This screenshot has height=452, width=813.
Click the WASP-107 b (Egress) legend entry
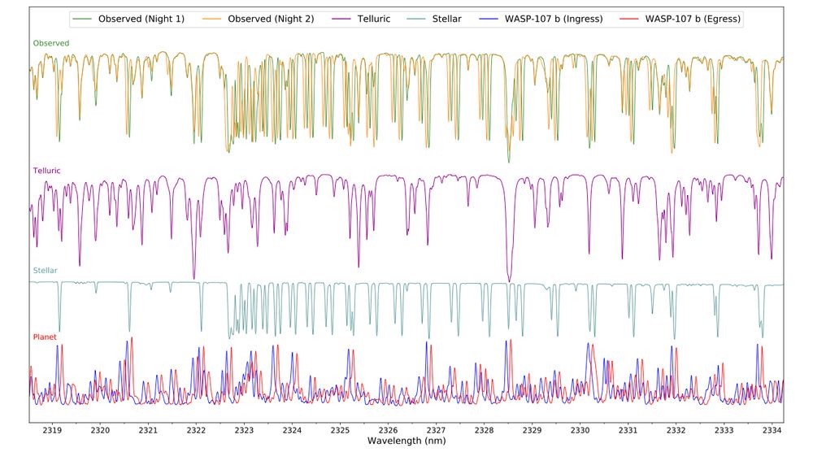(x=690, y=19)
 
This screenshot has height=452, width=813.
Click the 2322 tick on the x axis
(x=197, y=430)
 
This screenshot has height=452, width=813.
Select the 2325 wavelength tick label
(x=341, y=430)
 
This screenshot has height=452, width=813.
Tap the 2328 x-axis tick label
(x=485, y=430)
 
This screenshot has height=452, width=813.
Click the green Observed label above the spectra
(x=50, y=43)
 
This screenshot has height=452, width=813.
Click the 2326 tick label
(x=389, y=430)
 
